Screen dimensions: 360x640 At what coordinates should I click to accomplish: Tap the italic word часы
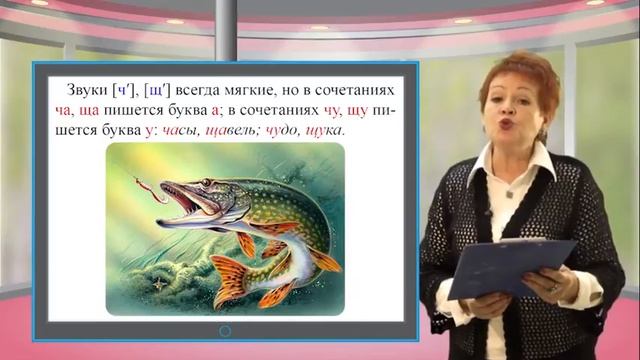click(181, 132)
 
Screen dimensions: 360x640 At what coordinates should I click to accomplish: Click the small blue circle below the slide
click(225, 330)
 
